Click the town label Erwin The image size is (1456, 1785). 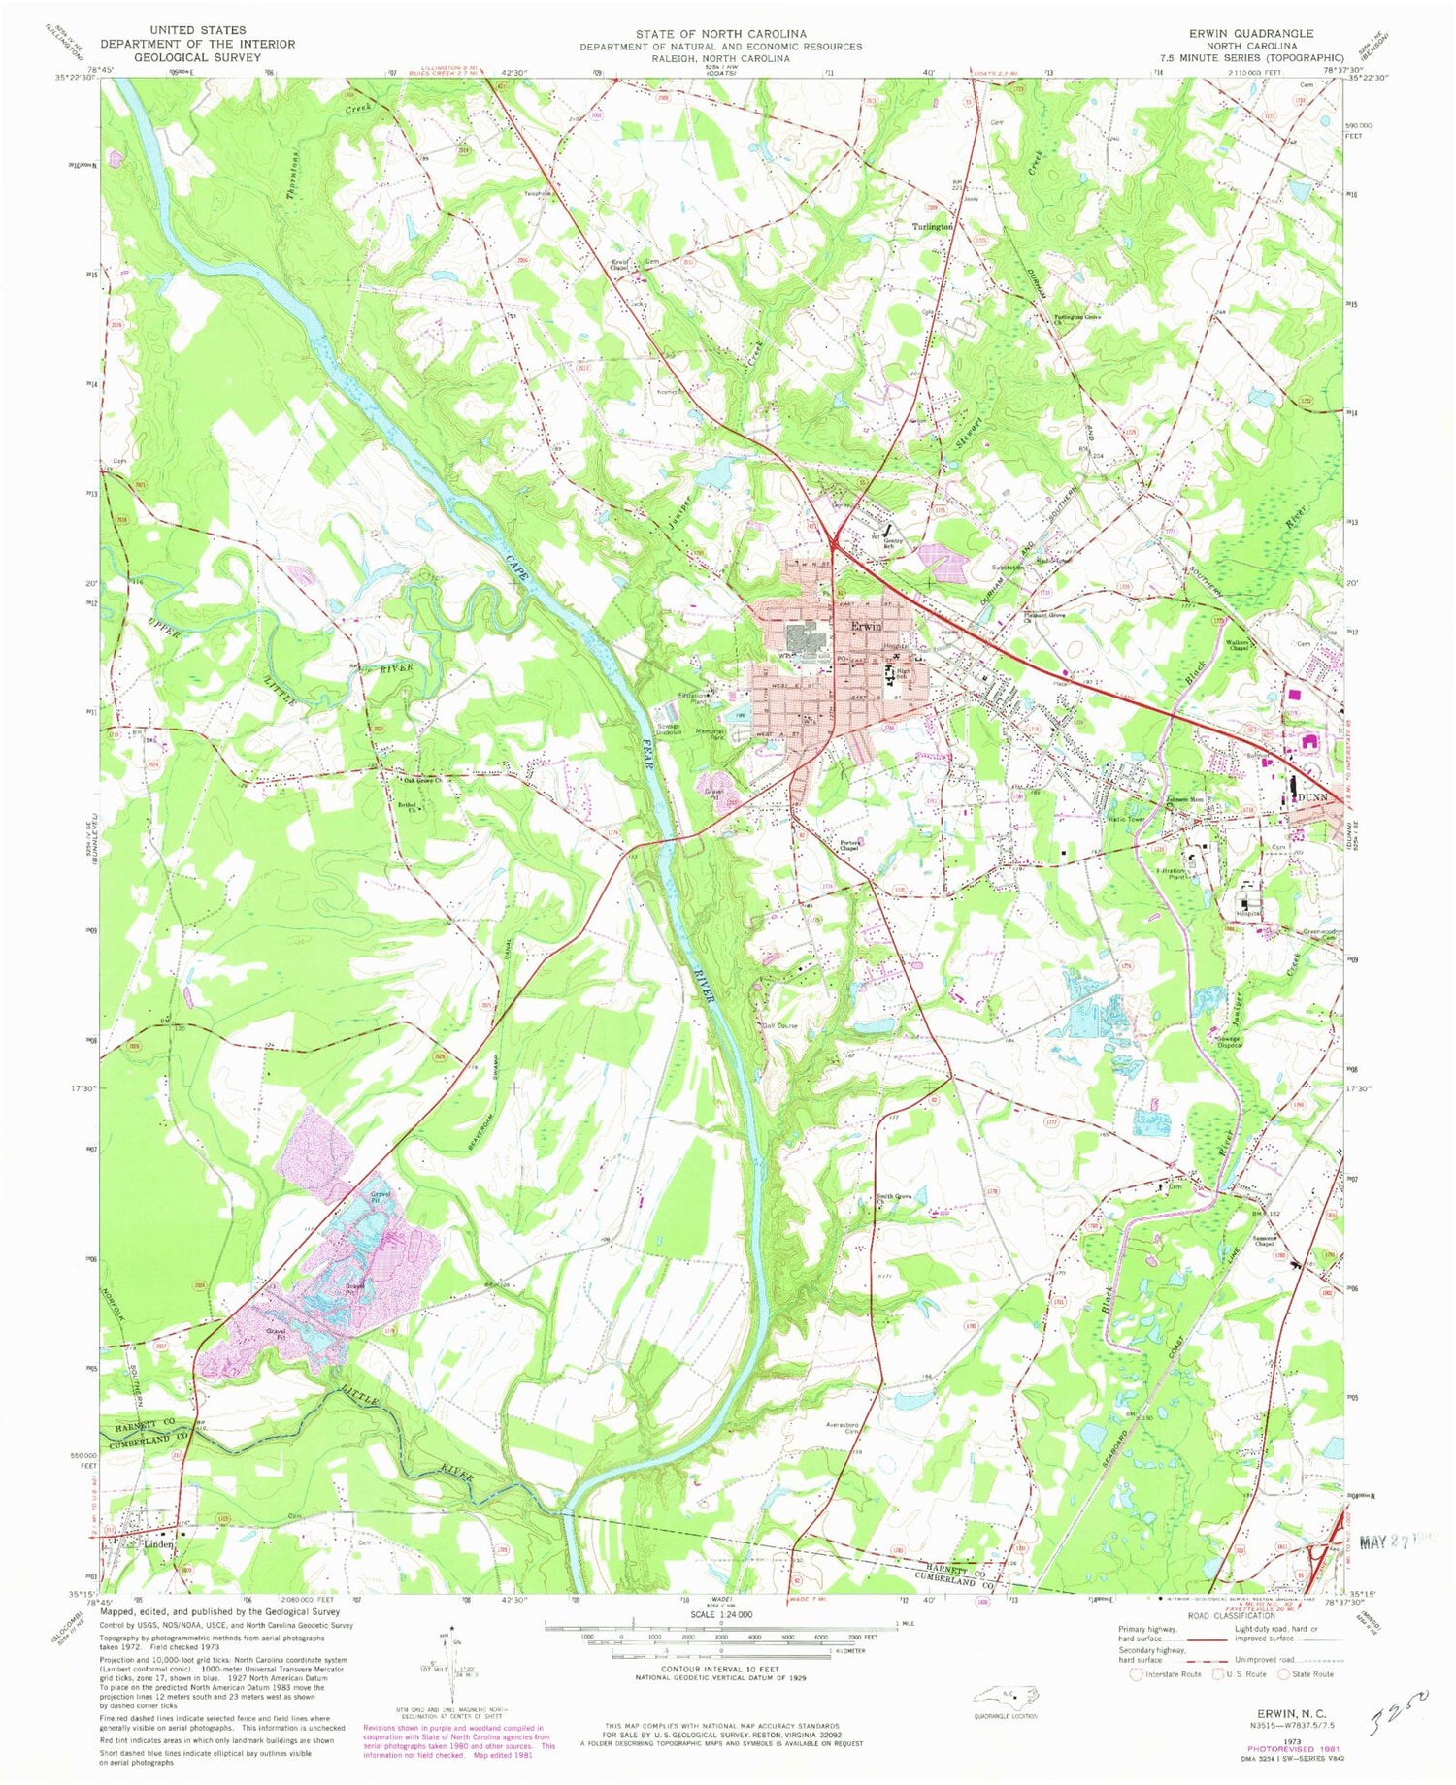click(866, 626)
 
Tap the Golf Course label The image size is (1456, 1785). click(779, 1025)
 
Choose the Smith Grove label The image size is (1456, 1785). click(895, 1196)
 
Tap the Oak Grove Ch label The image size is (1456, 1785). click(423, 778)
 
